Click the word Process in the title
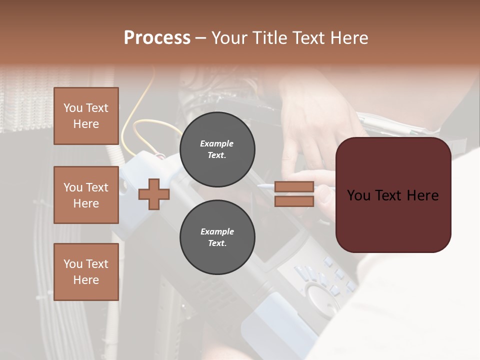157,38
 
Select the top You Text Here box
86,116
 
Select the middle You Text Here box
86,195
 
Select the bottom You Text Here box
86,272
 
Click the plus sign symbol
154,194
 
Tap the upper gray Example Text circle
217,149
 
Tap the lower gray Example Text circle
217,237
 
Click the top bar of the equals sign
294,187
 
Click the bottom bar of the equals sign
294,201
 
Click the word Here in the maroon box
422,195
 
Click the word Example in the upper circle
217,143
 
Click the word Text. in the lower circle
217,243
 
